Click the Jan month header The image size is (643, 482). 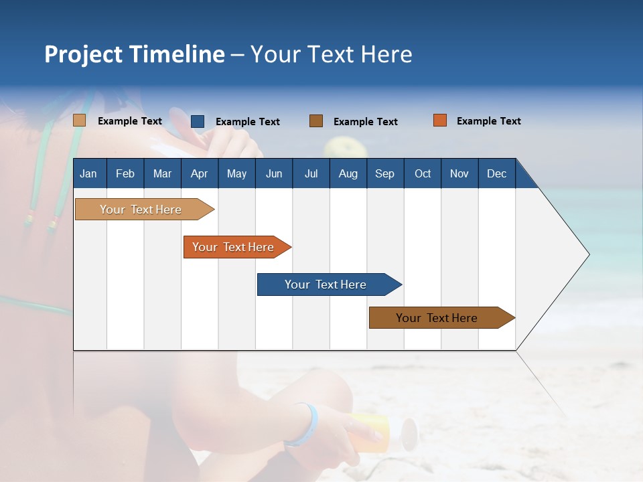tap(88, 173)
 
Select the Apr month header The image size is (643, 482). tap(199, 173)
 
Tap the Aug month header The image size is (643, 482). tap(348, 173)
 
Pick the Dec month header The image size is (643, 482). tap(496, 173)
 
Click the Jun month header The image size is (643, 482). tap(273, 173)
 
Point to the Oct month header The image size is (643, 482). tap(422, 173)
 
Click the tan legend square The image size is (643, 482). tap(79, 120)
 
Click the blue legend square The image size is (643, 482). tap(198, 121)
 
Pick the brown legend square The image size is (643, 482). tap(316, 121)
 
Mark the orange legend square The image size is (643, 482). tap(440, 120)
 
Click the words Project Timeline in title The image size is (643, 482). tap(134, 54)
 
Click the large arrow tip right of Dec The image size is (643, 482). tap(563, 254)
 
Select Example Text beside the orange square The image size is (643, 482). tap(488, 121)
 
